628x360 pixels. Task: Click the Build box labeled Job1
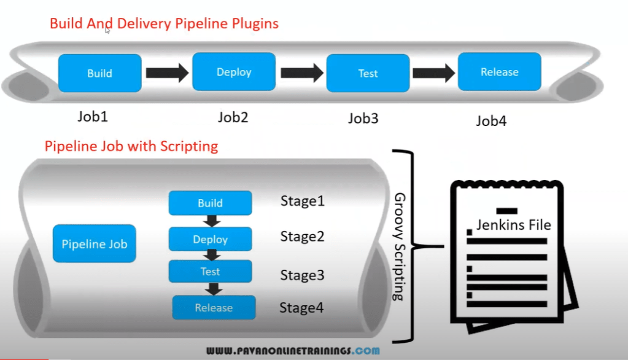(x=99, y=73)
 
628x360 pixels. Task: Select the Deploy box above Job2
(x=234, y=72)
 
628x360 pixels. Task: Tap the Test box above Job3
(x=368, y=73)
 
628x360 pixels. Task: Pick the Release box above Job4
(x=499, y=72)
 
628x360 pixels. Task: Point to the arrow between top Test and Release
(x=433, y=72)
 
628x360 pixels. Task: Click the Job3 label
(x=363, y=118)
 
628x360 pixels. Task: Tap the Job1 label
(x=93, y=116)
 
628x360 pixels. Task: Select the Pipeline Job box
(x=94, y=244)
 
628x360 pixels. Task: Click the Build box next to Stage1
(x=210, y=203)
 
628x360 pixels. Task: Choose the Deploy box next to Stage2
(x=210, y=239)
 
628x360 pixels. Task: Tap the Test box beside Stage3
(x=210, y=272)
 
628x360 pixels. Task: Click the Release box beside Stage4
(x=213, y=307)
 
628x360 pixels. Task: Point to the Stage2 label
(x=302, y=237)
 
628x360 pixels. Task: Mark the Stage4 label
(x=301, y=307)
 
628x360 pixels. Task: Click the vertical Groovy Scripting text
(x=398, y=246)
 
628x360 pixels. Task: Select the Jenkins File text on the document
(x=513, y=225)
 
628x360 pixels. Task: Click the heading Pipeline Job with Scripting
(x=131, y=146)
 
